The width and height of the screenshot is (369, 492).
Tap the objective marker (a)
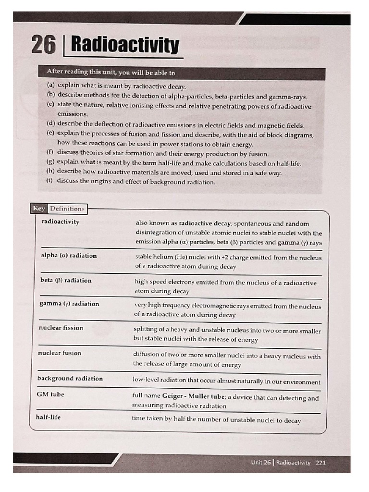50,85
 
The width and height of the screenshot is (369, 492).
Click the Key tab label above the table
38,209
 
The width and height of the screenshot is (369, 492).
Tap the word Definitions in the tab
67,209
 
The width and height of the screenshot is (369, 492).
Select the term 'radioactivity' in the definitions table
61,222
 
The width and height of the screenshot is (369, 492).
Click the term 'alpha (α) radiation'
69,255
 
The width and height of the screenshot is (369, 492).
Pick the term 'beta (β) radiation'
66,280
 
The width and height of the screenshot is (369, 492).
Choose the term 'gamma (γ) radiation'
69,304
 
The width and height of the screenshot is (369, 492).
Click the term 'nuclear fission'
61,328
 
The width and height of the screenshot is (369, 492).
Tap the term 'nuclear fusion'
60,353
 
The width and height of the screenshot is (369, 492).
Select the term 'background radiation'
70,378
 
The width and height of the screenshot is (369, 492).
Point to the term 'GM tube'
50,394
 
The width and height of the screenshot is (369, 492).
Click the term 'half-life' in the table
49,417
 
